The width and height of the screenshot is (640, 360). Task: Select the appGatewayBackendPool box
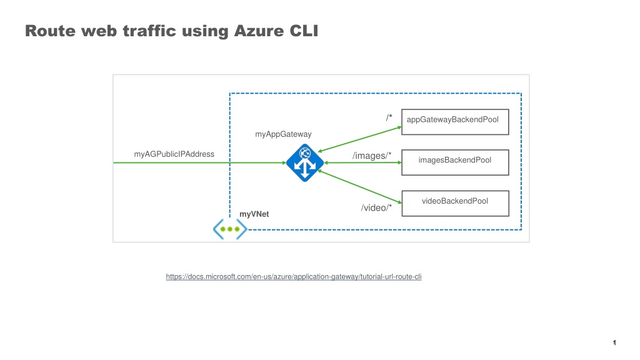click(455, 122)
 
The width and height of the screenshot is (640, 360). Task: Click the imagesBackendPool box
click(455, 162)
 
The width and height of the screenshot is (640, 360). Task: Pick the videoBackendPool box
click(456, 203)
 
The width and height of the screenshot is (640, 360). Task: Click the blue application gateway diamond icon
click(305, 162)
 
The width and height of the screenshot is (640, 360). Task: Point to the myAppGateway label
click(283, 134)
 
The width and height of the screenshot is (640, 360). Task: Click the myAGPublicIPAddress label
click(174, 154)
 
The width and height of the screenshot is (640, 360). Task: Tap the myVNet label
click(254, 214)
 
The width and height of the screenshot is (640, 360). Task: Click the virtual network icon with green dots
click(230, 229)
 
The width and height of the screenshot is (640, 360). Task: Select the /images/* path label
click(372, 156)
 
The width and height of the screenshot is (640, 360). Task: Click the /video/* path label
click(376, 207)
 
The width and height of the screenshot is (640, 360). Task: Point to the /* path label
click(389, 117)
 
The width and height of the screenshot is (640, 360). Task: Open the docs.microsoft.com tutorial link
click(294, 277)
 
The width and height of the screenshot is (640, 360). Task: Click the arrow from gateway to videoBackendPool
click(359, 187)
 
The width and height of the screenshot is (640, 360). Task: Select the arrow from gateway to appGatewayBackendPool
click(359, 139)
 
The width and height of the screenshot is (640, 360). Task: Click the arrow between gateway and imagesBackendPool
click(363, 162)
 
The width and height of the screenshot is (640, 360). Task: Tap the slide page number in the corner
click(614, 342)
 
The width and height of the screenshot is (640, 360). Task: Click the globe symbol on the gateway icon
click(305, 153)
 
